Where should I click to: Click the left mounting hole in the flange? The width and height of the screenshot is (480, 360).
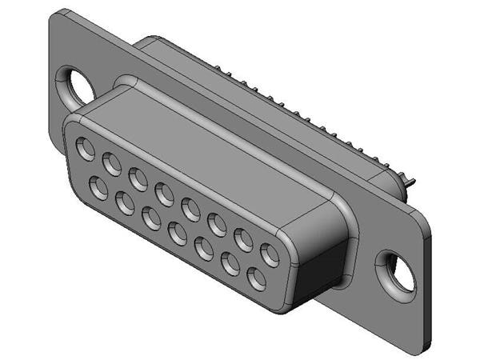point(78,85)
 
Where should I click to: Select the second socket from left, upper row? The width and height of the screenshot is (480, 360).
point(112,164)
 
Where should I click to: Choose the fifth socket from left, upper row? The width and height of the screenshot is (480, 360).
point(191,210)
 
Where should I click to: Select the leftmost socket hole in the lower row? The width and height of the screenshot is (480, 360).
point(98,189)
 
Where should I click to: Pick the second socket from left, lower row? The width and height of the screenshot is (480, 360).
point(125,204)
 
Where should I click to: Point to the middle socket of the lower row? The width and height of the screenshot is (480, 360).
point(178,234)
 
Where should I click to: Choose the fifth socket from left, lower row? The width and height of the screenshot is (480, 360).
point(204,250)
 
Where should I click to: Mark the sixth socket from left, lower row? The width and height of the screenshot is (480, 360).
point(230,265)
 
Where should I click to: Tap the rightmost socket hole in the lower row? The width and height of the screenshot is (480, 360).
point(257,280)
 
